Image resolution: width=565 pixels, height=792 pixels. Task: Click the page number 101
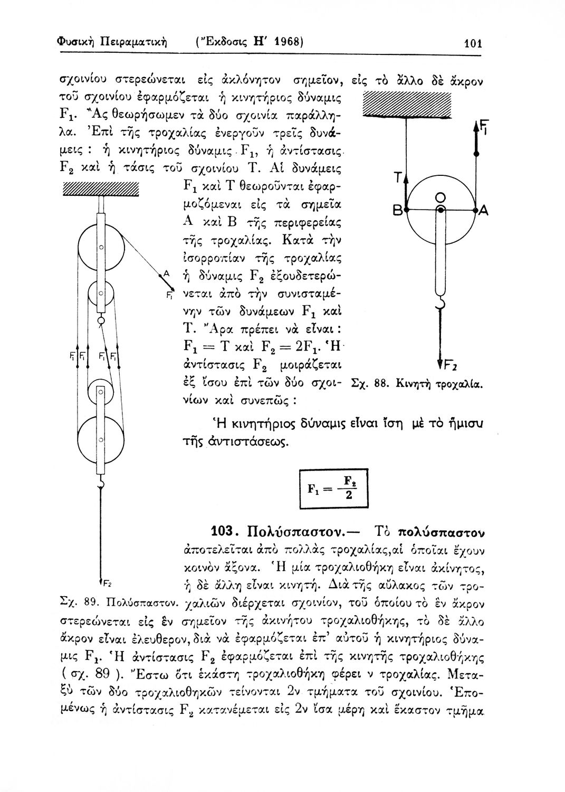[474, 43]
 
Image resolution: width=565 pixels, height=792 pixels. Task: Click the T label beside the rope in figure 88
[399, 178]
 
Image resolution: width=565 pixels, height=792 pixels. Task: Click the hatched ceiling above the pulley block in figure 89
[100, 188]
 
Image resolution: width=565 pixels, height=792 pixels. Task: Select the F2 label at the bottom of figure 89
[106, 583]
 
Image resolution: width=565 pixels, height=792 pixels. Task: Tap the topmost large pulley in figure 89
[101, 247]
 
